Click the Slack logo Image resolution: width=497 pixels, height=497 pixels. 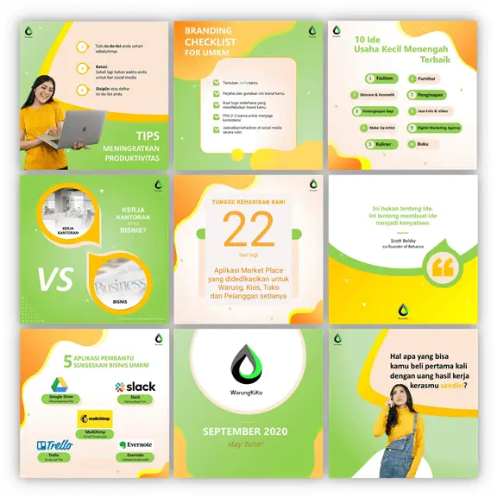click(135, 386)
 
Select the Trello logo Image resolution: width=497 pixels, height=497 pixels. click(54, 445)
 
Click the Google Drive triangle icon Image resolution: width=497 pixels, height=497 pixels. click(60, 385)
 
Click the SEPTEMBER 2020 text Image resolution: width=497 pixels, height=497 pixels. click(248, 431)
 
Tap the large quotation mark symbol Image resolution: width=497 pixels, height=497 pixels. click(442, 268)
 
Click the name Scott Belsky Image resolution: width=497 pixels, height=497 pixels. click(400, 239)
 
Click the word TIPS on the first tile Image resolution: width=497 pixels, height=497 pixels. click(148, 135)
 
